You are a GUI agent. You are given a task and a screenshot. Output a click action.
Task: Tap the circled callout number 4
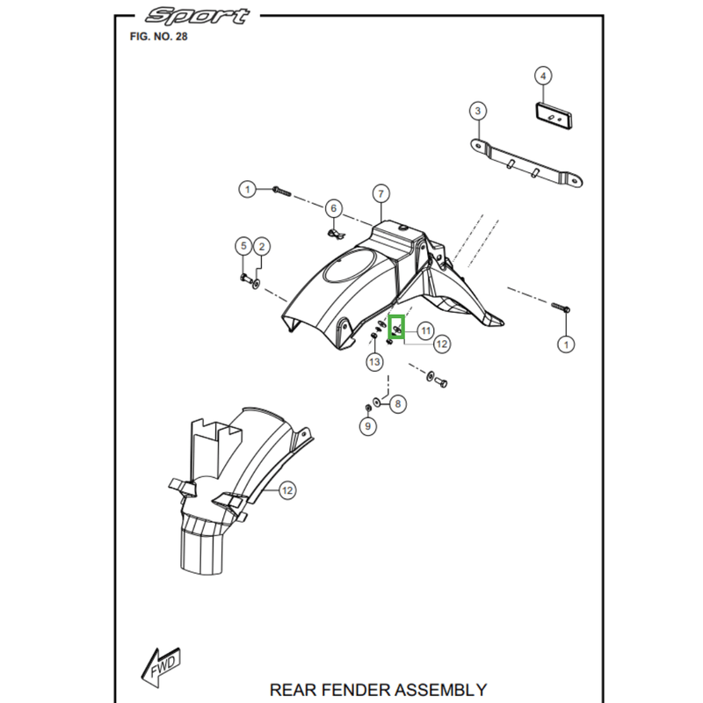tap(544, 76)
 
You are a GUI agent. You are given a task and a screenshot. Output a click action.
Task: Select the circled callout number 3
tap(477, 111)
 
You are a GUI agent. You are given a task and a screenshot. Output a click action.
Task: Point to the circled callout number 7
tap(380, 193)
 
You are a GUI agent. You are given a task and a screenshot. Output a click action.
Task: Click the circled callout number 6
tap(333, 208)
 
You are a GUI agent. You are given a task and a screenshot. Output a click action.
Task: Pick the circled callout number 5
tap(243, 247)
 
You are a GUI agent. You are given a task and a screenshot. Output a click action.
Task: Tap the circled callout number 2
tap(261, 247)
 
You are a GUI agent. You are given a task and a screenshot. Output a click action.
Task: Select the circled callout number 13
tap(374, 361)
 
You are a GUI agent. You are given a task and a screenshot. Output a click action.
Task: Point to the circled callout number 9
tap(368, 426)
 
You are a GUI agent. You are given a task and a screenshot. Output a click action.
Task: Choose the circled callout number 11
tap(425, 330)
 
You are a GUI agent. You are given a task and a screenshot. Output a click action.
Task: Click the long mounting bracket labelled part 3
tap(524, 164)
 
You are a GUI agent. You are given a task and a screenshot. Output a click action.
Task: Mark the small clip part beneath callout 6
tap(334, 234)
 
